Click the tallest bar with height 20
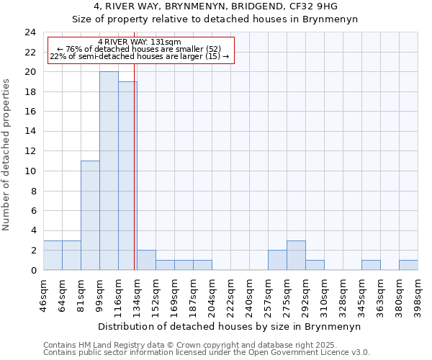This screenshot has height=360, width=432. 109,171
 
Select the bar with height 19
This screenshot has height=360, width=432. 127,176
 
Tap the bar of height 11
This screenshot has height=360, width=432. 90,215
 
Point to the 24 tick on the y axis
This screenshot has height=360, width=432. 30,32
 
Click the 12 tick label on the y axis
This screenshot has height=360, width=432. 30,151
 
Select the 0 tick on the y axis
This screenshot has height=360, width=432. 33,270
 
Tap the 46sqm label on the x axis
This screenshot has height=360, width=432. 43,294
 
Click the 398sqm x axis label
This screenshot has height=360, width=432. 418,295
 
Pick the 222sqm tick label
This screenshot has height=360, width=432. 230,295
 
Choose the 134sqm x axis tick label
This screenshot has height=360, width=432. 137,295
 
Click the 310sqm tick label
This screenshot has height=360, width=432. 324,295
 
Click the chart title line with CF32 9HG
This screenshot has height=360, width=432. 215,6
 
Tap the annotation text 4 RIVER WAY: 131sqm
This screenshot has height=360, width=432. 140,42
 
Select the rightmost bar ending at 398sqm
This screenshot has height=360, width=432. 408,265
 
